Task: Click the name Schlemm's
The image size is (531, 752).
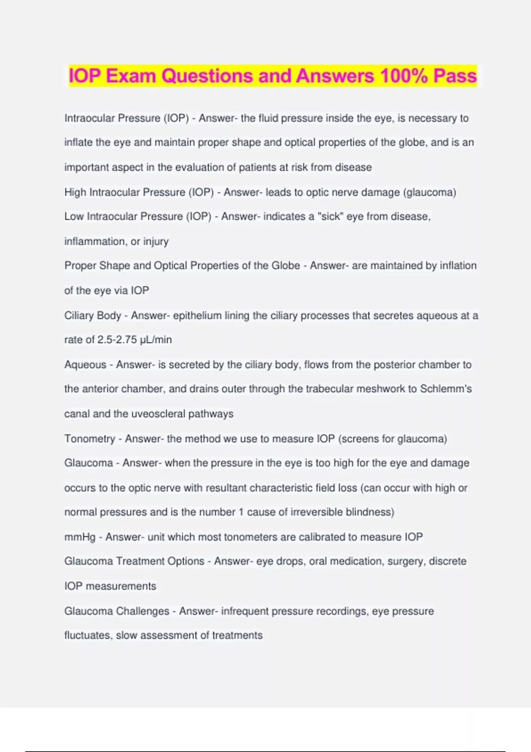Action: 446,389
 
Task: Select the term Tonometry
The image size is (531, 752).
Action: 89,439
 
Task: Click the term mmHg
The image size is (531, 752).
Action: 80,537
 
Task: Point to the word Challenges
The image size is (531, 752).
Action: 142,611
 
